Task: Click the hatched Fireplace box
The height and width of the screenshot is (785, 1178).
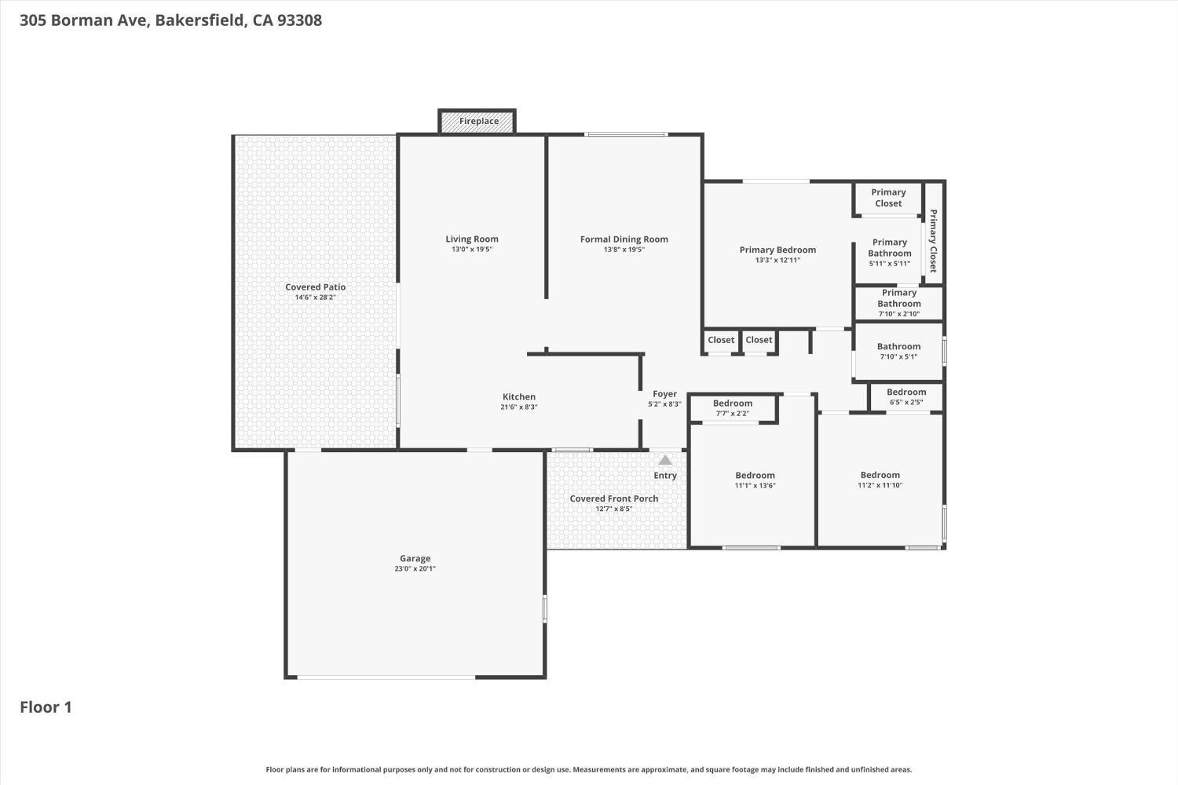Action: coord(477,122)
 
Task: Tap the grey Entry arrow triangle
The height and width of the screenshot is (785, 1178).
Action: coord(665,460)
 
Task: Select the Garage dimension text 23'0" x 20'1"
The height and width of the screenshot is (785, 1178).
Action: coord(415,568)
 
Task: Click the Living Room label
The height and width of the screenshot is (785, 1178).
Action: coord(472,239)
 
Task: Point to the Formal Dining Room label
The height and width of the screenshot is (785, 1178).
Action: coord(624,239)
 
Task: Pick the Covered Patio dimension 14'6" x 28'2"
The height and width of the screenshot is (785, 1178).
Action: coord(316,297)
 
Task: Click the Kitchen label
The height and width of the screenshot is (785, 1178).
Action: coord(519,396)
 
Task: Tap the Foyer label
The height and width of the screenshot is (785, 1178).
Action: coord(664,394)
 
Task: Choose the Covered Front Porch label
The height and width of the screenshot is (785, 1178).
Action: coord(613,498)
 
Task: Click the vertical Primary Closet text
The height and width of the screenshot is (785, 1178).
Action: coord(934,241)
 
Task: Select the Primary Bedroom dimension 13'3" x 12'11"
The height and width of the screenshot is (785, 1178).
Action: coord(777,260)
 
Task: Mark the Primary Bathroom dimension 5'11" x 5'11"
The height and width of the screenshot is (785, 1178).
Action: coord(889,264)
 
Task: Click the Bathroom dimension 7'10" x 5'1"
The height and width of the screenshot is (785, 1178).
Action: coord(898,356)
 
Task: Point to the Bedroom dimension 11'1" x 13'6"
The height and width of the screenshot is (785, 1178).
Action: coord(755,485)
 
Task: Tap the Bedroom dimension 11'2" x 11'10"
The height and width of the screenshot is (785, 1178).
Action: coord(880,485)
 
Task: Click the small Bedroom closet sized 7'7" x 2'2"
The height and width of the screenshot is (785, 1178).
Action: coord(733,408)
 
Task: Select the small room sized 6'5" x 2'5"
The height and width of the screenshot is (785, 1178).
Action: coord(906,397)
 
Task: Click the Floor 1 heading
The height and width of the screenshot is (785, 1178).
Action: coord(46,707)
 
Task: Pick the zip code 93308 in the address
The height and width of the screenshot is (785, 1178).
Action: coord(300,20)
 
